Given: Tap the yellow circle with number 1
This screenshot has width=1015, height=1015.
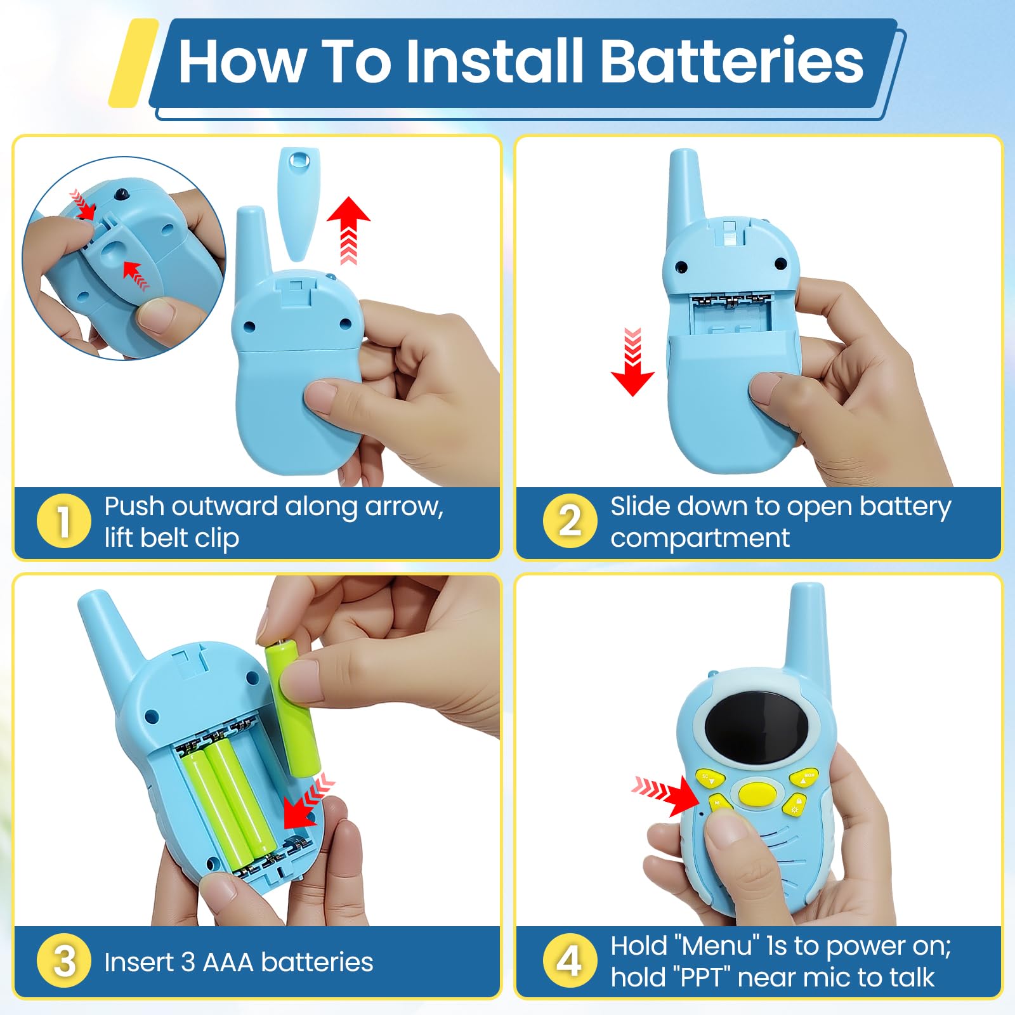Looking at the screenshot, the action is tap(63, 521).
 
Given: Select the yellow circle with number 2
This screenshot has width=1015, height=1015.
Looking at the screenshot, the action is tap(570, 521).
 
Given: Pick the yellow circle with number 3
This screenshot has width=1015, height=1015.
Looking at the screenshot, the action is tap(63, 960).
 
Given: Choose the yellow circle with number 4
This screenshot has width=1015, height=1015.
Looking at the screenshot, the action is tap(570, 960).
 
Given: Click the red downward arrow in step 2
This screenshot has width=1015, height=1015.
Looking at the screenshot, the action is tap(632, 362).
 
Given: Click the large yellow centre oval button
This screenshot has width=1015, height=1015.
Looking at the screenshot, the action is tap(757, 793).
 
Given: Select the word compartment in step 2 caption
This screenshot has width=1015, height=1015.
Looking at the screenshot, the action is tap(700, 539).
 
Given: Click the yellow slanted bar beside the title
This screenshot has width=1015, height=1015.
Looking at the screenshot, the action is tap(133, 62).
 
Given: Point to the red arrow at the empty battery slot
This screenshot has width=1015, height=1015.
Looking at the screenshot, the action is tap(307, 801).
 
